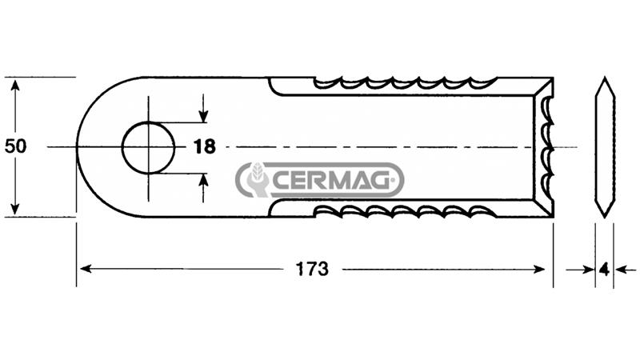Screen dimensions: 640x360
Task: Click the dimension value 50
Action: click(x=15, y=146)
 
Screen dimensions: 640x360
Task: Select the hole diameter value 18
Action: click(x=204, y=146)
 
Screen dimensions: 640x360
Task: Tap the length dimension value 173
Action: click(x=312, y=269)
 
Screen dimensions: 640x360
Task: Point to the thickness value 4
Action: click(x=605, y=270)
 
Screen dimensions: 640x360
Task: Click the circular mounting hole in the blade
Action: click(x=148, y=122)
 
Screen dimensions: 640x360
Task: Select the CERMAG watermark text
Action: click(x=330, y=180)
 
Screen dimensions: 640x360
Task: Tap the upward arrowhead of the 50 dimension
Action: click(x=15, y=86)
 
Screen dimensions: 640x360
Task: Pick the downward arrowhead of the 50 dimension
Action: click(x=15, y=208)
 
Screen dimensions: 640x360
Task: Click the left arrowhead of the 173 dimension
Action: click(x=86, y=269)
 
